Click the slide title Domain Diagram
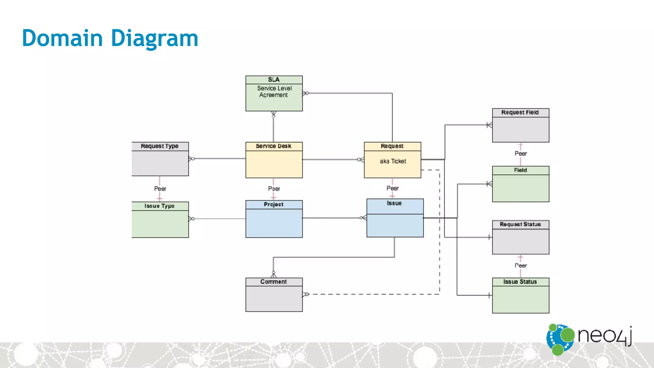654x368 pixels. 110,38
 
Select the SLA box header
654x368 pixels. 274,80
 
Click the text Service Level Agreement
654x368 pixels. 274,92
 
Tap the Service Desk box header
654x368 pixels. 274,146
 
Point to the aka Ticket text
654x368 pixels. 393,161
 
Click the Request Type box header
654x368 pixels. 160,146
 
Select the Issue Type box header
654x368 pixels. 160,206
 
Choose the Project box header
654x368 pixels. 274,204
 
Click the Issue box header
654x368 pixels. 394,203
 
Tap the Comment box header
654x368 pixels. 274,282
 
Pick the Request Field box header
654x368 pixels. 520,112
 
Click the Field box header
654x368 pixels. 520,170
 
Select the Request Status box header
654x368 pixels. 520,225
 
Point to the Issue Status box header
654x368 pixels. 520,282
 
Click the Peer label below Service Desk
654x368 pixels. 274,189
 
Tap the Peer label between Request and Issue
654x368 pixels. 392,188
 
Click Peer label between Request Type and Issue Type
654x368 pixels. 160,189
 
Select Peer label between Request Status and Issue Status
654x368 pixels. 521,266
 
